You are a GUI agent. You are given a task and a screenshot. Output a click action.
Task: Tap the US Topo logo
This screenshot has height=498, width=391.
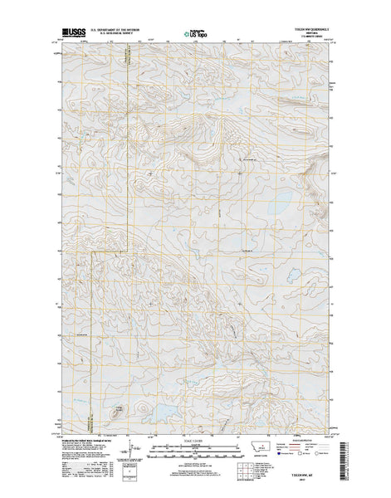(194, 35)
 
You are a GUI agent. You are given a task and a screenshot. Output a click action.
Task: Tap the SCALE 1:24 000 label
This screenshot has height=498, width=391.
(194, 440)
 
